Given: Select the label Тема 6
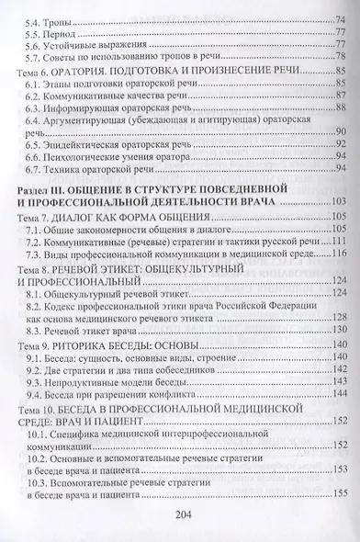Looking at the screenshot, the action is coord(37,69).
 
